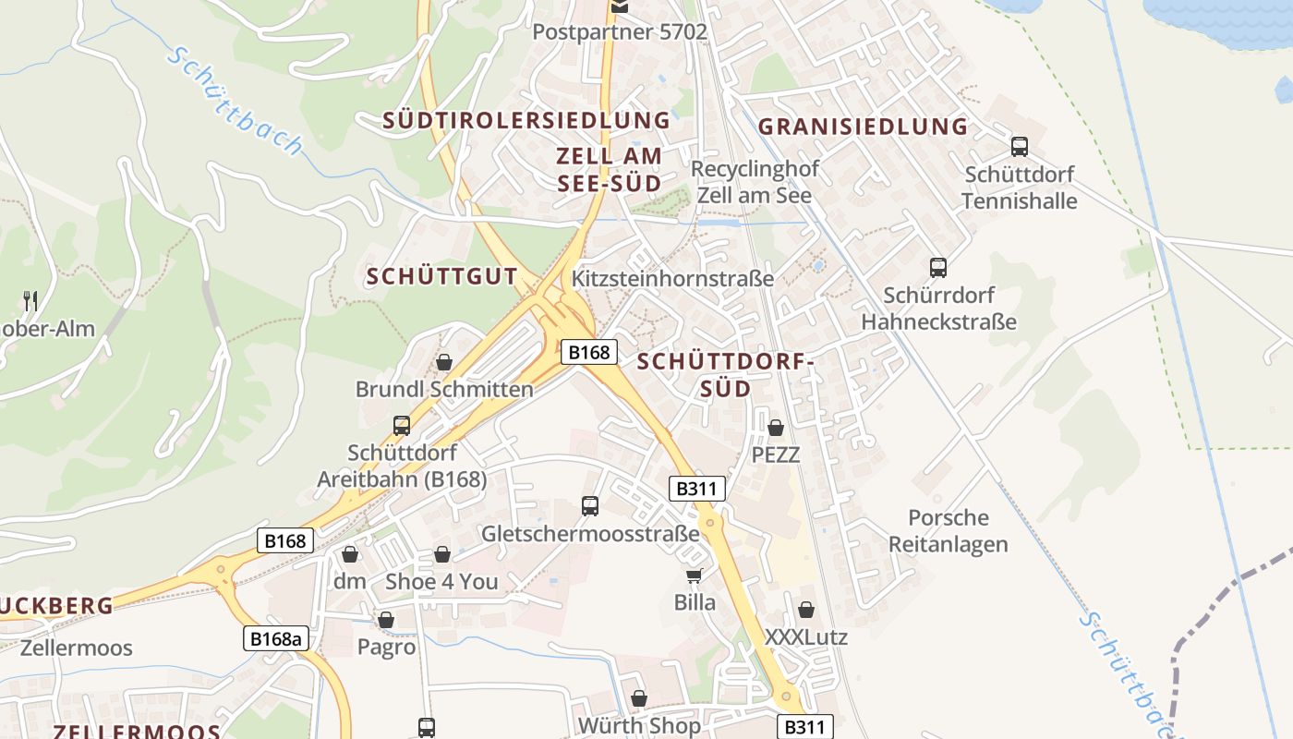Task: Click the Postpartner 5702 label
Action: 620,32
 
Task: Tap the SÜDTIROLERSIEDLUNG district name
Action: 526,120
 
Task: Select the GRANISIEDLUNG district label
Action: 863,127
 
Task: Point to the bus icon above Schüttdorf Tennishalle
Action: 1020,146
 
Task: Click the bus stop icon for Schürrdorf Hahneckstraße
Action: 938,268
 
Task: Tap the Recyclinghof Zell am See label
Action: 755,182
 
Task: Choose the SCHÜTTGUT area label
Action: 442,276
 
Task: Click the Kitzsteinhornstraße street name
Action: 673,278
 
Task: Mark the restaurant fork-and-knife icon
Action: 30,300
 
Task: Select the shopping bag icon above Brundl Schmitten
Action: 444,361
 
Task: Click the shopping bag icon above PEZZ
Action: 776,428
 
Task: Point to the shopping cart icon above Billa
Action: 695,575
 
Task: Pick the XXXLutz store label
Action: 806,636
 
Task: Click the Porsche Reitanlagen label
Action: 949,530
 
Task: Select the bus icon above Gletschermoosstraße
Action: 590,505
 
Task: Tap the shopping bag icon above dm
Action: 350,554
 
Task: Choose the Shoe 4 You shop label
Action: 441,581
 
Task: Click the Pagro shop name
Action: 386,647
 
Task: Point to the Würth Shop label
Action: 639,726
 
